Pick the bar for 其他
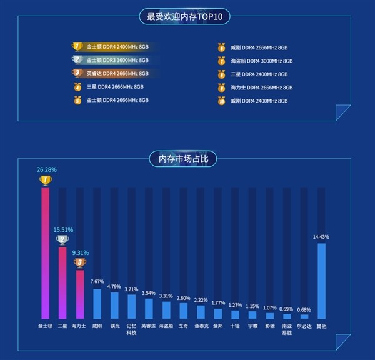click(321, 281)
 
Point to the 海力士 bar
click(79, 294)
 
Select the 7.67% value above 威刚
click(97, 282)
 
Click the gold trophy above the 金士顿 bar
click(45, 180)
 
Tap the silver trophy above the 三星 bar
click(62, 239)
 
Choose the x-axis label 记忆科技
click(131, 329)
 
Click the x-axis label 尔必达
click(304, 326)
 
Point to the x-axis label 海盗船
click(166, 326)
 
